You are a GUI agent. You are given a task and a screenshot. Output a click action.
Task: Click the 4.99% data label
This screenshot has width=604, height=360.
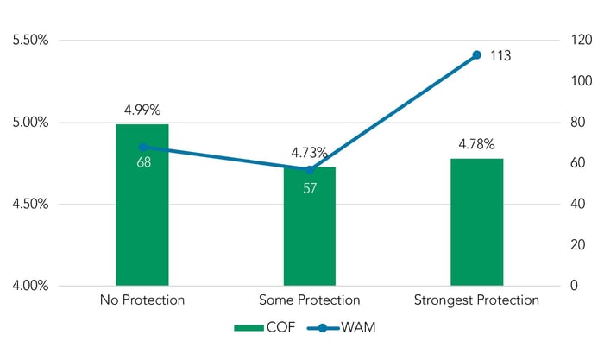(142, 110)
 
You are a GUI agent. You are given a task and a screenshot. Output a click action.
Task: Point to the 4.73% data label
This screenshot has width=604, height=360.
(309, 153)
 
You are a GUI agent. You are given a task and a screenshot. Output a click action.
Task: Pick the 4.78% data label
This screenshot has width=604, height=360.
(476, 144)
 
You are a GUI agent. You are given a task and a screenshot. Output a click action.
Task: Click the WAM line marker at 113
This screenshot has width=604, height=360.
(476, 55)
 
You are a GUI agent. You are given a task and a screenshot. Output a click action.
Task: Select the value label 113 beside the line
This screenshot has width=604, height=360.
(500, 56)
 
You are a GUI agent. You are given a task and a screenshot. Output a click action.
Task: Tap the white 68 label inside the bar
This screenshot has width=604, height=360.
(143, 162)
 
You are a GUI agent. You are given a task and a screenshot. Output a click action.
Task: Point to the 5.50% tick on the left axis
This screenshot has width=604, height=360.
(29, 41)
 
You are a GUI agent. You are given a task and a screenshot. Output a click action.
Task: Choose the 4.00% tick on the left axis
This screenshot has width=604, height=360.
(29, 286)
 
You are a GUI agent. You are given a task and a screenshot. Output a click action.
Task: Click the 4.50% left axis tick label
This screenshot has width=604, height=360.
(29, 205)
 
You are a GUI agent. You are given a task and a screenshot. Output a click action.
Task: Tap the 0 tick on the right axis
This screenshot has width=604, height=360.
(563, 286)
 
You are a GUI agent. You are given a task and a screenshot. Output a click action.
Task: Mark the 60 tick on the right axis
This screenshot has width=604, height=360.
(568, 163)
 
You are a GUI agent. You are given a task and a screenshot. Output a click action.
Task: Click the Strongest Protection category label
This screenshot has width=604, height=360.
(476, 300)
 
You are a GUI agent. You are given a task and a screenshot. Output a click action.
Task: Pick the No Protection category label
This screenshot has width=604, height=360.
(142, 300)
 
